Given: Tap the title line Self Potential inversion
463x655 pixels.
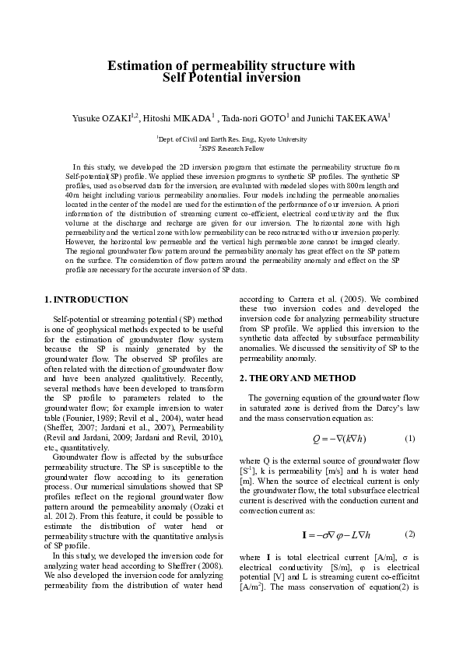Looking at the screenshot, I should pyautogui.click(x=231, y=78).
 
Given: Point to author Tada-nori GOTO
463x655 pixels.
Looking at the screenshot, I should pyautogui.click(x=254, y=118).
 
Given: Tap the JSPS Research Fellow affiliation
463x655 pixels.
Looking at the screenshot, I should pyautogui.click(x=233, y=147).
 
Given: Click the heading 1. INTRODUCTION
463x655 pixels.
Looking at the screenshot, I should pyautogui.click(x=86, y=299).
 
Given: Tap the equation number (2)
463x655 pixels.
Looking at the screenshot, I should pyautogui.click(x=410, y=534).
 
